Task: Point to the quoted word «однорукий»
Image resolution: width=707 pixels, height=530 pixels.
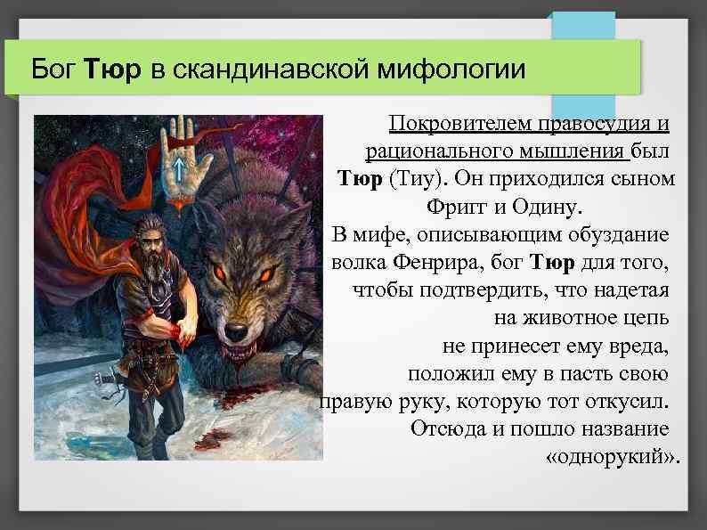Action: coord(611,457)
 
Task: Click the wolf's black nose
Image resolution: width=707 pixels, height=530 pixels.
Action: coord(236,331)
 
